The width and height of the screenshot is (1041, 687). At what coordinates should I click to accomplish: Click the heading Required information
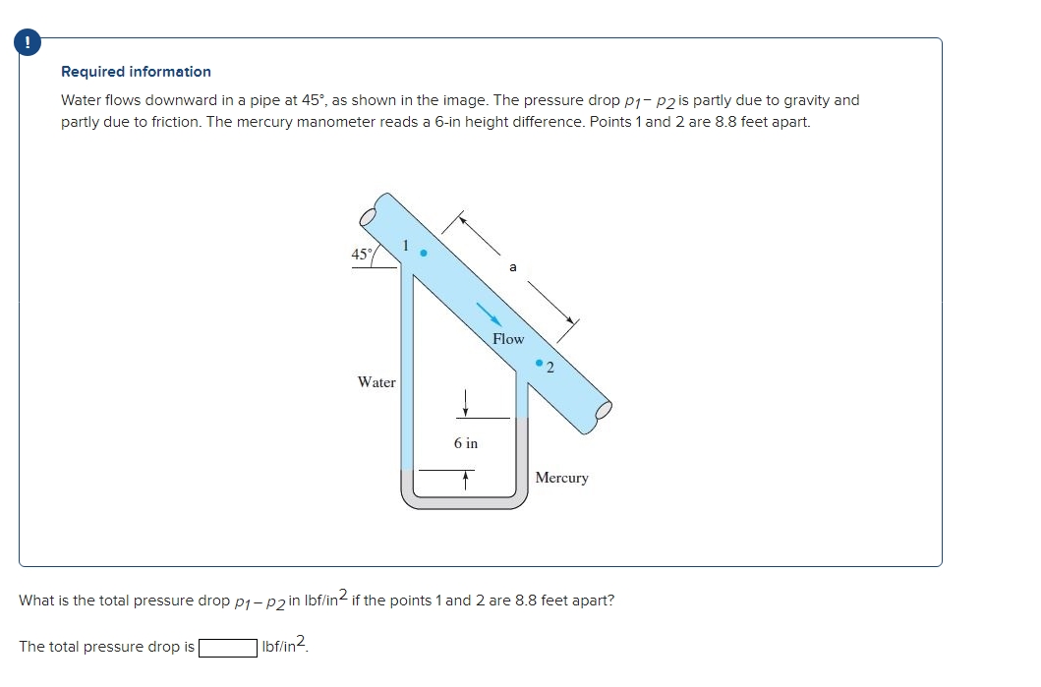pos(136,72)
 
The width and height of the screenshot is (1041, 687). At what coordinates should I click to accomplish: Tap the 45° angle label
pos(362,255)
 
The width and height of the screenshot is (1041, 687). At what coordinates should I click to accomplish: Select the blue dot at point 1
pos(424,253)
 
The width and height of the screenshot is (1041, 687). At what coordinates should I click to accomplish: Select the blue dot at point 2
pos(539,364)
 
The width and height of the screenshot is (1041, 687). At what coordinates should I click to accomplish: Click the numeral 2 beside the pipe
pos(550,370)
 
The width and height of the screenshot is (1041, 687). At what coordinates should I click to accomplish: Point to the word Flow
pos(508,339)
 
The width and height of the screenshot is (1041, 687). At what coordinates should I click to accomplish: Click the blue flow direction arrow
pos(490,313)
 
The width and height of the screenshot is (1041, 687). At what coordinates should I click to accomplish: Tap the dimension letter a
pos(511,266)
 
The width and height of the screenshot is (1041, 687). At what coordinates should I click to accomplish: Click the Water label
pos(376,382)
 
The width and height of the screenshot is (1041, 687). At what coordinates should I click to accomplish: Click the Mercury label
pos(562,478)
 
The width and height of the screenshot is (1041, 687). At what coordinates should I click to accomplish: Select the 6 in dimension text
pos(466,443)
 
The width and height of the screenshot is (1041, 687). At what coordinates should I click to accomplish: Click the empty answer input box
pos(228,647)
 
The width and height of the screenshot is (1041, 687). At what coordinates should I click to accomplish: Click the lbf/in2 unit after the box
pos(286,646)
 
